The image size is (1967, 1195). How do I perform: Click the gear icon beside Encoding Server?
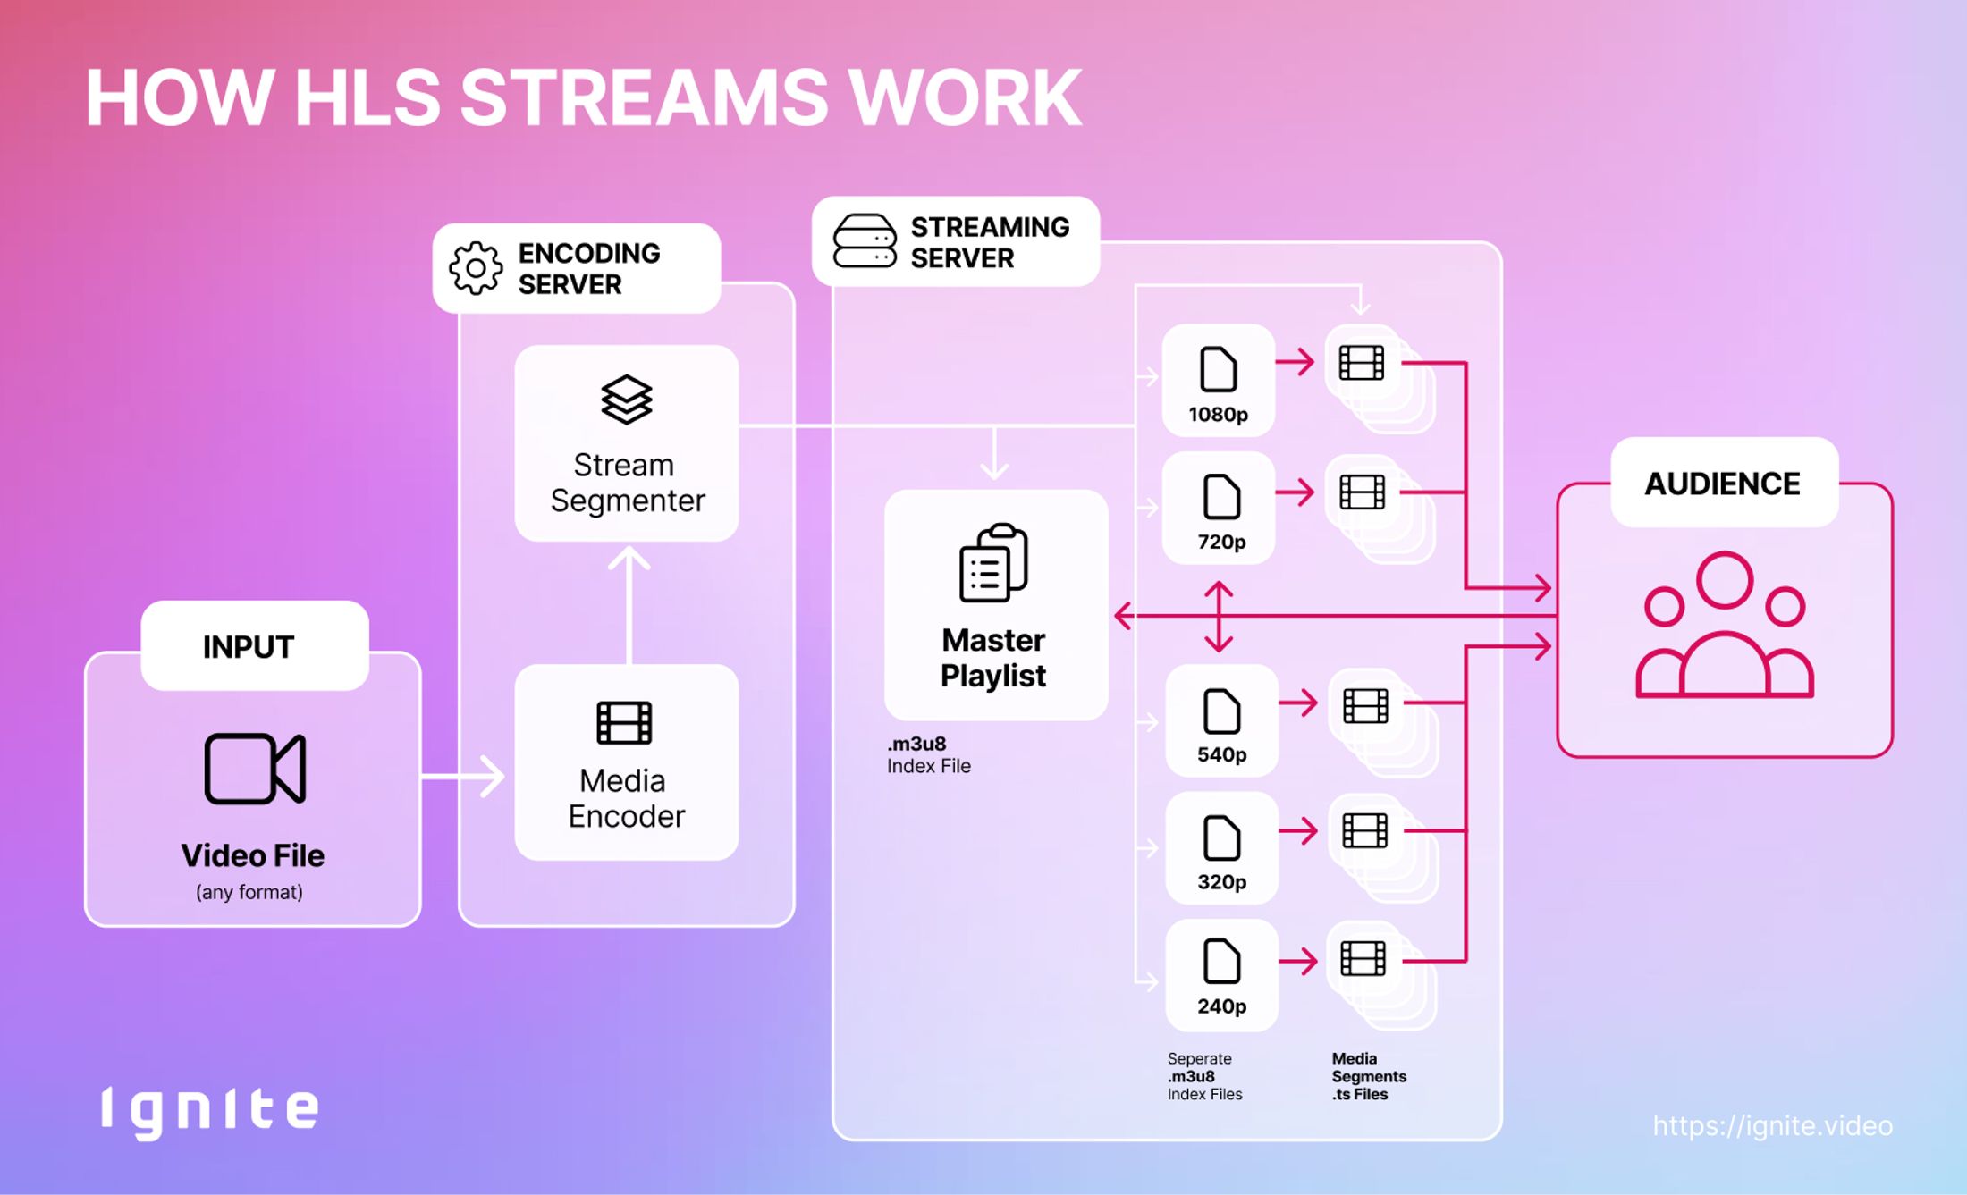coord(475,267)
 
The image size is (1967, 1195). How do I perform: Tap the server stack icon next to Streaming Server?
coord(864,241)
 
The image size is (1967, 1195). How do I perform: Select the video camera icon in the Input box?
coord(255,768)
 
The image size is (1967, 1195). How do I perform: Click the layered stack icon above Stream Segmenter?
coord(626,399)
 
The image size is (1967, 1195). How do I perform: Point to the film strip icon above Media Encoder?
coord(624,722)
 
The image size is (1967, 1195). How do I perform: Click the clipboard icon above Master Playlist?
coord(993,563)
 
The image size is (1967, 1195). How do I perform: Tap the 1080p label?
coord(1218,415)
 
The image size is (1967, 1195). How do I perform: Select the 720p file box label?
coord(1221,542)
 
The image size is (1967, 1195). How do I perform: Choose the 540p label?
coord(1221,754)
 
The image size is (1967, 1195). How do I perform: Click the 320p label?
coord(1221,882)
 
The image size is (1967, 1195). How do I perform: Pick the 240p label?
coord(1221,1006)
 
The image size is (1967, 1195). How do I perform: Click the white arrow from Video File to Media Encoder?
coord(465,776)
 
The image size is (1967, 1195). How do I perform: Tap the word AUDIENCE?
coord(1722,484)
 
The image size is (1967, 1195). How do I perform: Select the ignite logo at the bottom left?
coord(209,1111)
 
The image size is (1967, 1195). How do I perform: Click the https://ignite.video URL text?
coord(1772,1125)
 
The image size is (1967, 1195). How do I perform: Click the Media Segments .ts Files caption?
coord(1367,1076)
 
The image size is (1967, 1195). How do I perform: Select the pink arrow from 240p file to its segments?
coord(1298,962)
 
